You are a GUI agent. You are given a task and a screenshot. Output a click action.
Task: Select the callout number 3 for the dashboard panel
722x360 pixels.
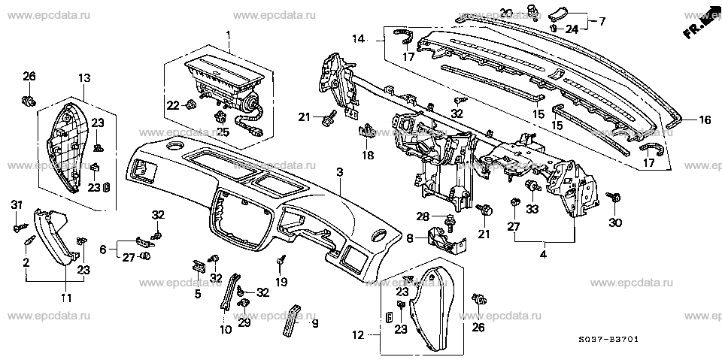pyautogui.click(x=339, y=173)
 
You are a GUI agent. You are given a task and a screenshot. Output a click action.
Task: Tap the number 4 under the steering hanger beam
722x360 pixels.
pyautogui.click(x=543, y=254)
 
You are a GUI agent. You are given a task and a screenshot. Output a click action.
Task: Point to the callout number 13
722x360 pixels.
pyautogui.click(x=84, y=78)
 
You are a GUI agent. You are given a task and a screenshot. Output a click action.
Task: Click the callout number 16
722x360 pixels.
pyautogui.click(x=705, y=120)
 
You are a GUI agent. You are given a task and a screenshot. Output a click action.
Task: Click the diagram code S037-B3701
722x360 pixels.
pyautogui.click(x=608, y=340)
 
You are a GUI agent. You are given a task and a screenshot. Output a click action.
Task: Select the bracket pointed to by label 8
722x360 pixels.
pyautogui.click(x=446, y=239)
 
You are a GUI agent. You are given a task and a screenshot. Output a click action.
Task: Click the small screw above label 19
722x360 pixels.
pyautogui.click(x=281, y=262)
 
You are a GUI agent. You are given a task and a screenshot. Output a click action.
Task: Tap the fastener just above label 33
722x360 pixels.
pyautogui.click(x=532, y=186)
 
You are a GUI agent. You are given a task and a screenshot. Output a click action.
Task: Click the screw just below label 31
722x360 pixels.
pyautogui.click(x=20, y=228)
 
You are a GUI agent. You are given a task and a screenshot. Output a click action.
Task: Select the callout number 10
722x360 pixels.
pyautogui.click(x=226, y=330)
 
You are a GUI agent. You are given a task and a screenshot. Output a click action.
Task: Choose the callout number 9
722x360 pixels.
pyautogui.click(x=315, y=324)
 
